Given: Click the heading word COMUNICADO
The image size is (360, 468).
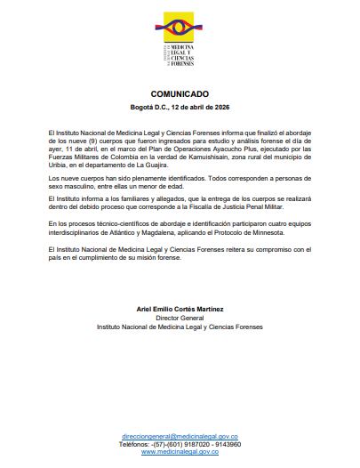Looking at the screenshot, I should [x=180, y=93].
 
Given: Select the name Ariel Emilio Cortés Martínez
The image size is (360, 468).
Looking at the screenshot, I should [x=180, y=309].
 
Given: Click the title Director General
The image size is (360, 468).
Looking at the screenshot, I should [x=180, y=318].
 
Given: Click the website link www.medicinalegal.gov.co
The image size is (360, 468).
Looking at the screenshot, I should [x=180, y=452].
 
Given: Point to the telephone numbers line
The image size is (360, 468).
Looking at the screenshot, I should [x=180, y=445].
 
